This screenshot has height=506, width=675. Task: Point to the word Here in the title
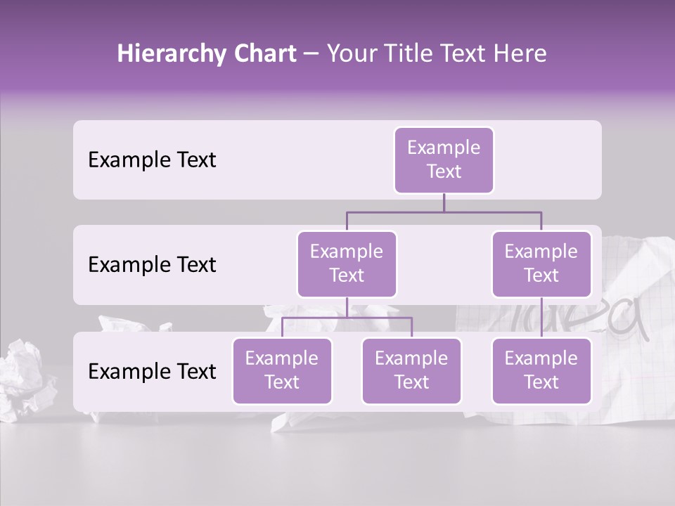pos(520,54)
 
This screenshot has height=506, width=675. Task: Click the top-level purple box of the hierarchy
pos(444,160)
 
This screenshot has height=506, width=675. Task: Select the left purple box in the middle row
pos(347,264)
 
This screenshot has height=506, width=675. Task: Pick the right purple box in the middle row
pos(541,264)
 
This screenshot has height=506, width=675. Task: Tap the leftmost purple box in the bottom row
pos(282,370)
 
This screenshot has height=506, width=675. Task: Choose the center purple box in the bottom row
pos(411,370)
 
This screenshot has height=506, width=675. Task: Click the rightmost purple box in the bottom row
pos(541,370)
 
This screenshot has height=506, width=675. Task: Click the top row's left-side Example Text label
pos(152,160)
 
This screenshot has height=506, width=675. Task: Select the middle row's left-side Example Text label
pos(152,265)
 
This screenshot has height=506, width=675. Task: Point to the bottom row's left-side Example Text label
pos(152,372)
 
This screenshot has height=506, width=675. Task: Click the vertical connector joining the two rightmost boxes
pos(541,317)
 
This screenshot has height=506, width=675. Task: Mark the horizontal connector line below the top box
pos(444,211)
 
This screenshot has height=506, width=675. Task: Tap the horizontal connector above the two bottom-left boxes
pos(347,318)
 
